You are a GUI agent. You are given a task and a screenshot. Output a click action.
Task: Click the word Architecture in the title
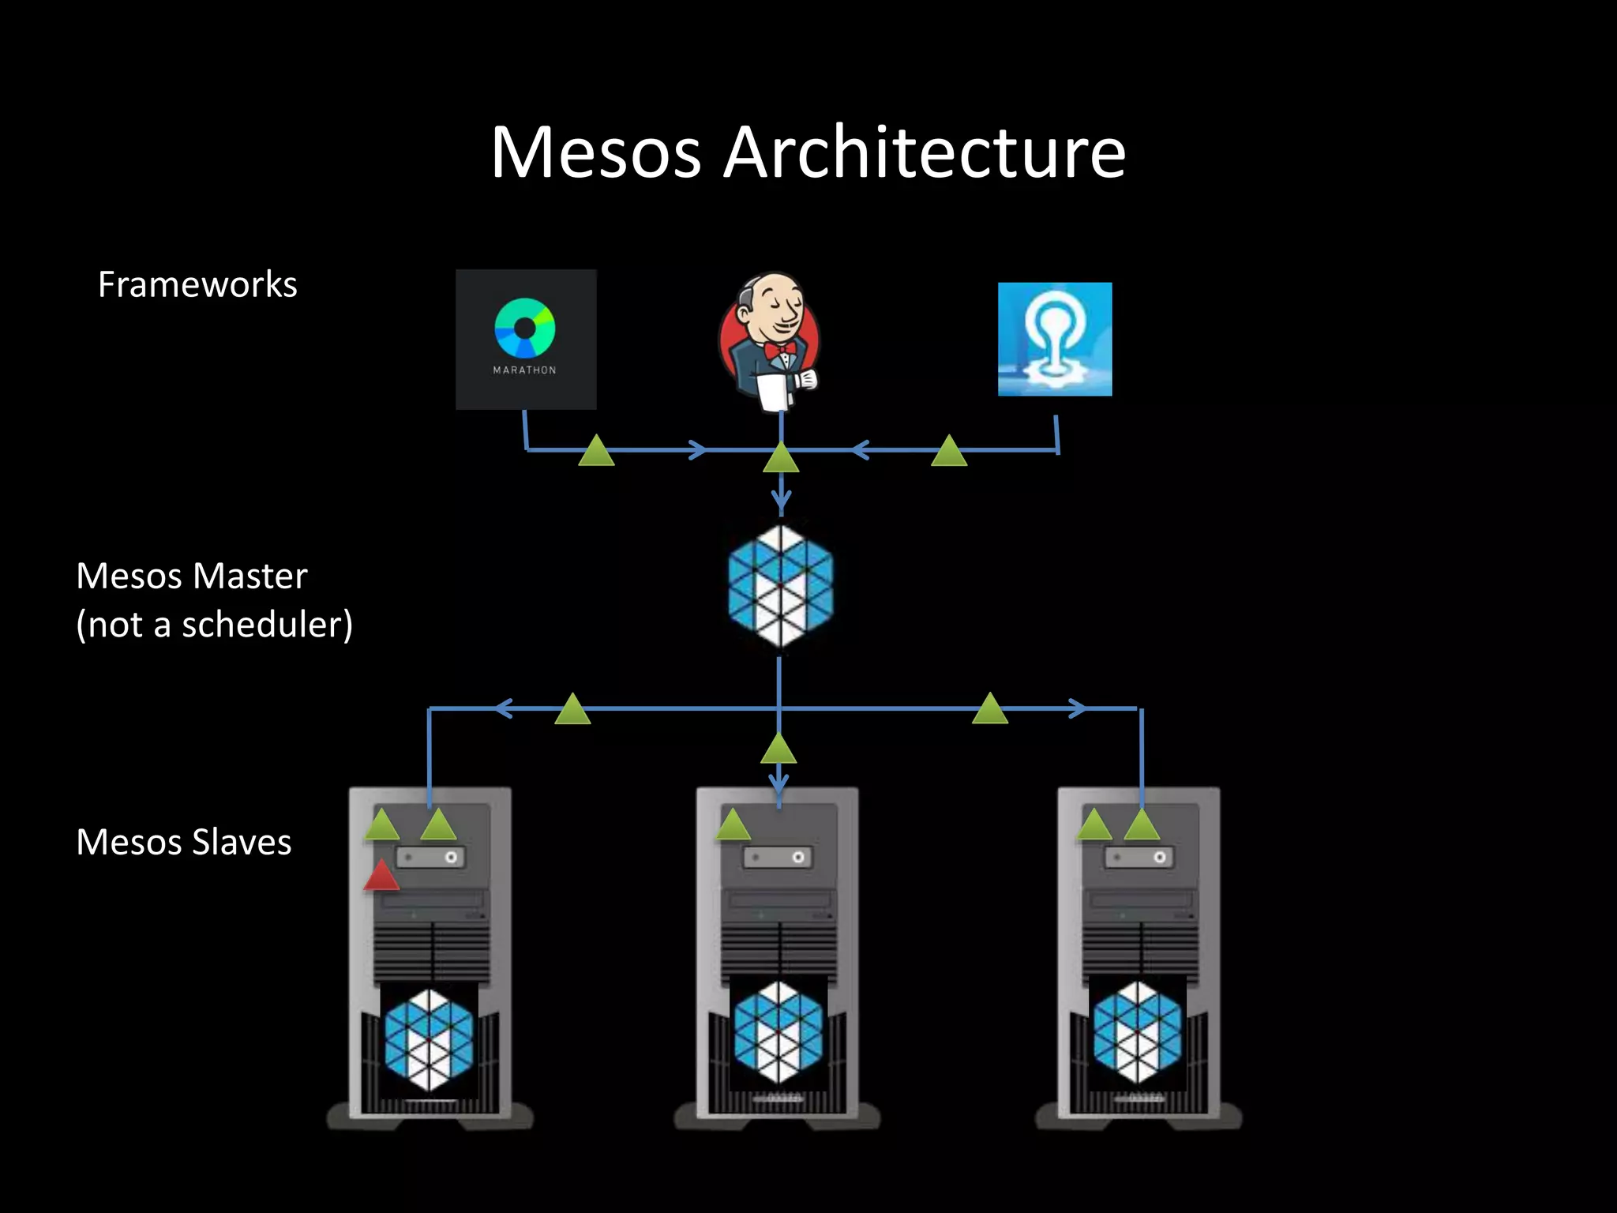[x=925, y=152]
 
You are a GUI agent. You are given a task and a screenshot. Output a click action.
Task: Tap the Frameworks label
[x=197, y=284]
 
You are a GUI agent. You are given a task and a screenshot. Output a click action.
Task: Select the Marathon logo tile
[x=526, y=339]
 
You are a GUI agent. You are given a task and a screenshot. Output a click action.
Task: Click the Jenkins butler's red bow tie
[x=778, y=349]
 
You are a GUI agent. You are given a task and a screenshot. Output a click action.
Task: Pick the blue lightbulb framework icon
[x=1055, y=339]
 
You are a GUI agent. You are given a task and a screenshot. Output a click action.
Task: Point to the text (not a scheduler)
[x=214, y=625]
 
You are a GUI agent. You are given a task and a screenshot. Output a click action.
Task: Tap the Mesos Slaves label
[x=183, y=842]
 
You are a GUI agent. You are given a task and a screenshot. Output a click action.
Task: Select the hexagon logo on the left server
[x=429, y=1039]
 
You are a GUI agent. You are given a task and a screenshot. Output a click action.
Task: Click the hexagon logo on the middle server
[x=778, y=1032]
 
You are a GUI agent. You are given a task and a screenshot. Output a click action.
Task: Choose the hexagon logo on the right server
[x=1138, y=1032]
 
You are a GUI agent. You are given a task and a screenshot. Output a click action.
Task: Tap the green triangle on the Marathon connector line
[x=596, y=453]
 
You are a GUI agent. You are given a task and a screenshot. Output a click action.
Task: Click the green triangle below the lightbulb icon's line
[x=949, y=453]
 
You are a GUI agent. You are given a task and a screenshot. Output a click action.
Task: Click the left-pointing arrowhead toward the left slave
[x=503, y=708]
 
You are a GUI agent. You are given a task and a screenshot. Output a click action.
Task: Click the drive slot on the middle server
[x=778, y=858]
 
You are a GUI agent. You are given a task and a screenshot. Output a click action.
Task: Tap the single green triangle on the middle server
[x=733, y=826]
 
